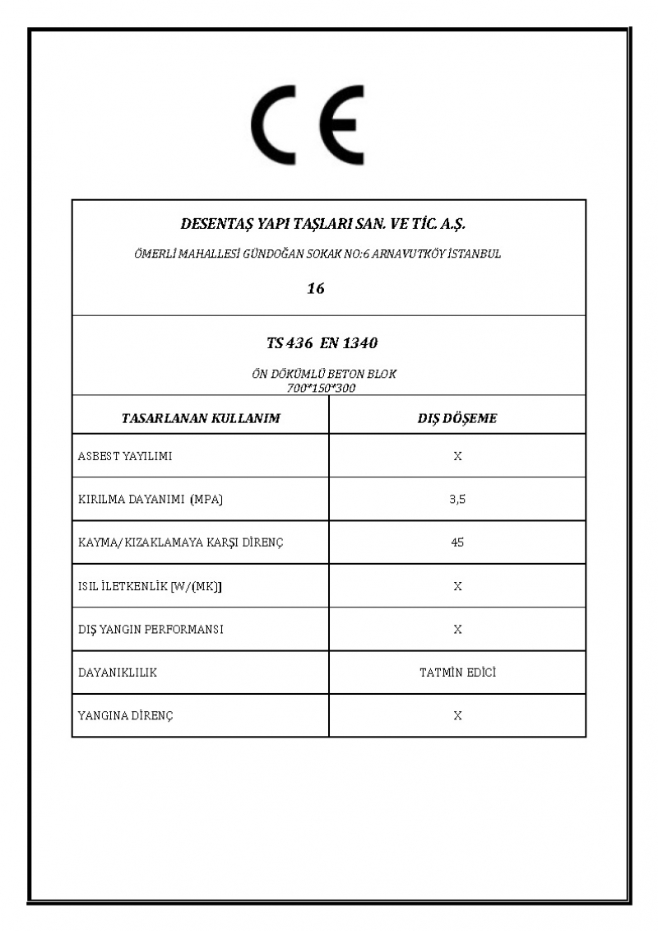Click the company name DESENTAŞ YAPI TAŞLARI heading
tap(322, 223)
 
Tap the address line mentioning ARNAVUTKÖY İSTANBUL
tap(317, 254)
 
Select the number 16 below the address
tap(315, 288)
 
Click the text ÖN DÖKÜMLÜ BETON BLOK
tap(323, 374)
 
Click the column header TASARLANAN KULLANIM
tap(201, 418)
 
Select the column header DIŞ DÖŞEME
tap(457, 418)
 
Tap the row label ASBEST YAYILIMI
tap(125, 456)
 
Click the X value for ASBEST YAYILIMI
tap(457, 456)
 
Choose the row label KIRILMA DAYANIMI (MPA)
tap(151, 500)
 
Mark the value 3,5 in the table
tap(457, 500)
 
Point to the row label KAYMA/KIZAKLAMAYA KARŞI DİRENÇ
tap(180, 542)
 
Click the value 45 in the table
tap(457, 542)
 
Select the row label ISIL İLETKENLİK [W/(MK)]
tap(150, 586)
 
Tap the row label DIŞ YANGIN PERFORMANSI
tap(151, 630)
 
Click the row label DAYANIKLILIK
tap(117, 673)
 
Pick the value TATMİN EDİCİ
tap(457, 673)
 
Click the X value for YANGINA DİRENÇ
tap(457, 716)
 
